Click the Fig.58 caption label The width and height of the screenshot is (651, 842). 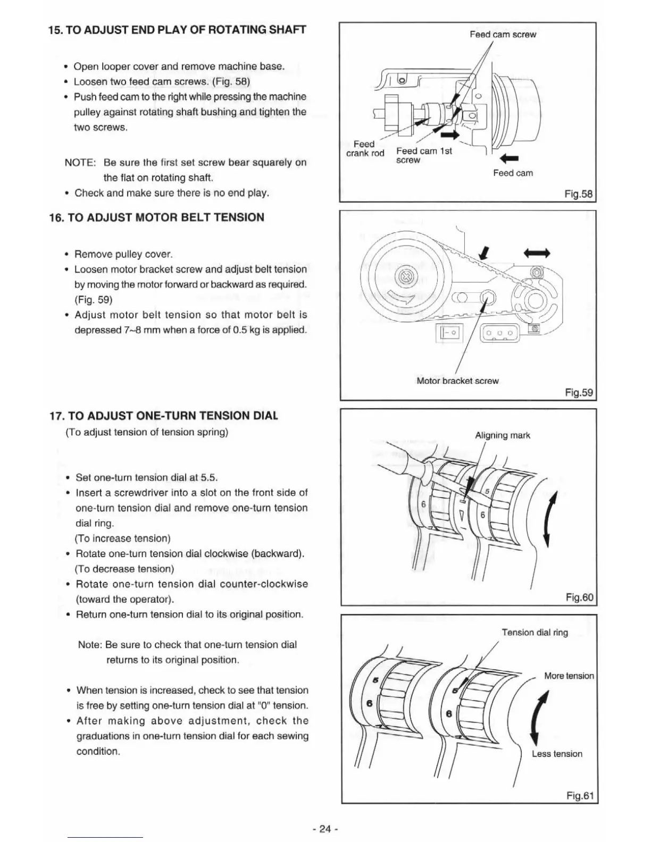pyautogui.click(x=578, y=194)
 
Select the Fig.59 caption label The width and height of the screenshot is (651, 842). pyautogui.click(x=579, y=392)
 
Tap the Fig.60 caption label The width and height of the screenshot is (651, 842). pyautogui.click(x=579, y=597)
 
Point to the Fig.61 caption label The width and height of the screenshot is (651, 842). pyautogui.click(x=579, y=796)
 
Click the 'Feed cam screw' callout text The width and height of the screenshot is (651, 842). pyautogui.click(x=503, y=35)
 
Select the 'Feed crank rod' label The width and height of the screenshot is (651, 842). pyautogui.click(x=365, y=149)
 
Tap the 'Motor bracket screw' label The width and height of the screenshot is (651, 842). pyautogui.click(x=457, y=381)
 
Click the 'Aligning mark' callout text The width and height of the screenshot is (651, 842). pyautogui.click(x=502, y=435)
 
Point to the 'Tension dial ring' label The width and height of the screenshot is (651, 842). pyautogui.click(x=535, y=633)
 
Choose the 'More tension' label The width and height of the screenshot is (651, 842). pyautogui.click(x=569, y=676)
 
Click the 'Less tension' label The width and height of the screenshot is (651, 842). pyautogui.click(x=557, y=754)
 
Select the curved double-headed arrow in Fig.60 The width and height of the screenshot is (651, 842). pyautogui.click(x=551, y=519)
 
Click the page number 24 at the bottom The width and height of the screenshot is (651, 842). pyautogui.click(x=325, y=829)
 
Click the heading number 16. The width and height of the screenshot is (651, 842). pyautogui.click(x=55, y=217)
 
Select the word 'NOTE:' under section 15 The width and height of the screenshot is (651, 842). pyautogui.click(x=80, y=163)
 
